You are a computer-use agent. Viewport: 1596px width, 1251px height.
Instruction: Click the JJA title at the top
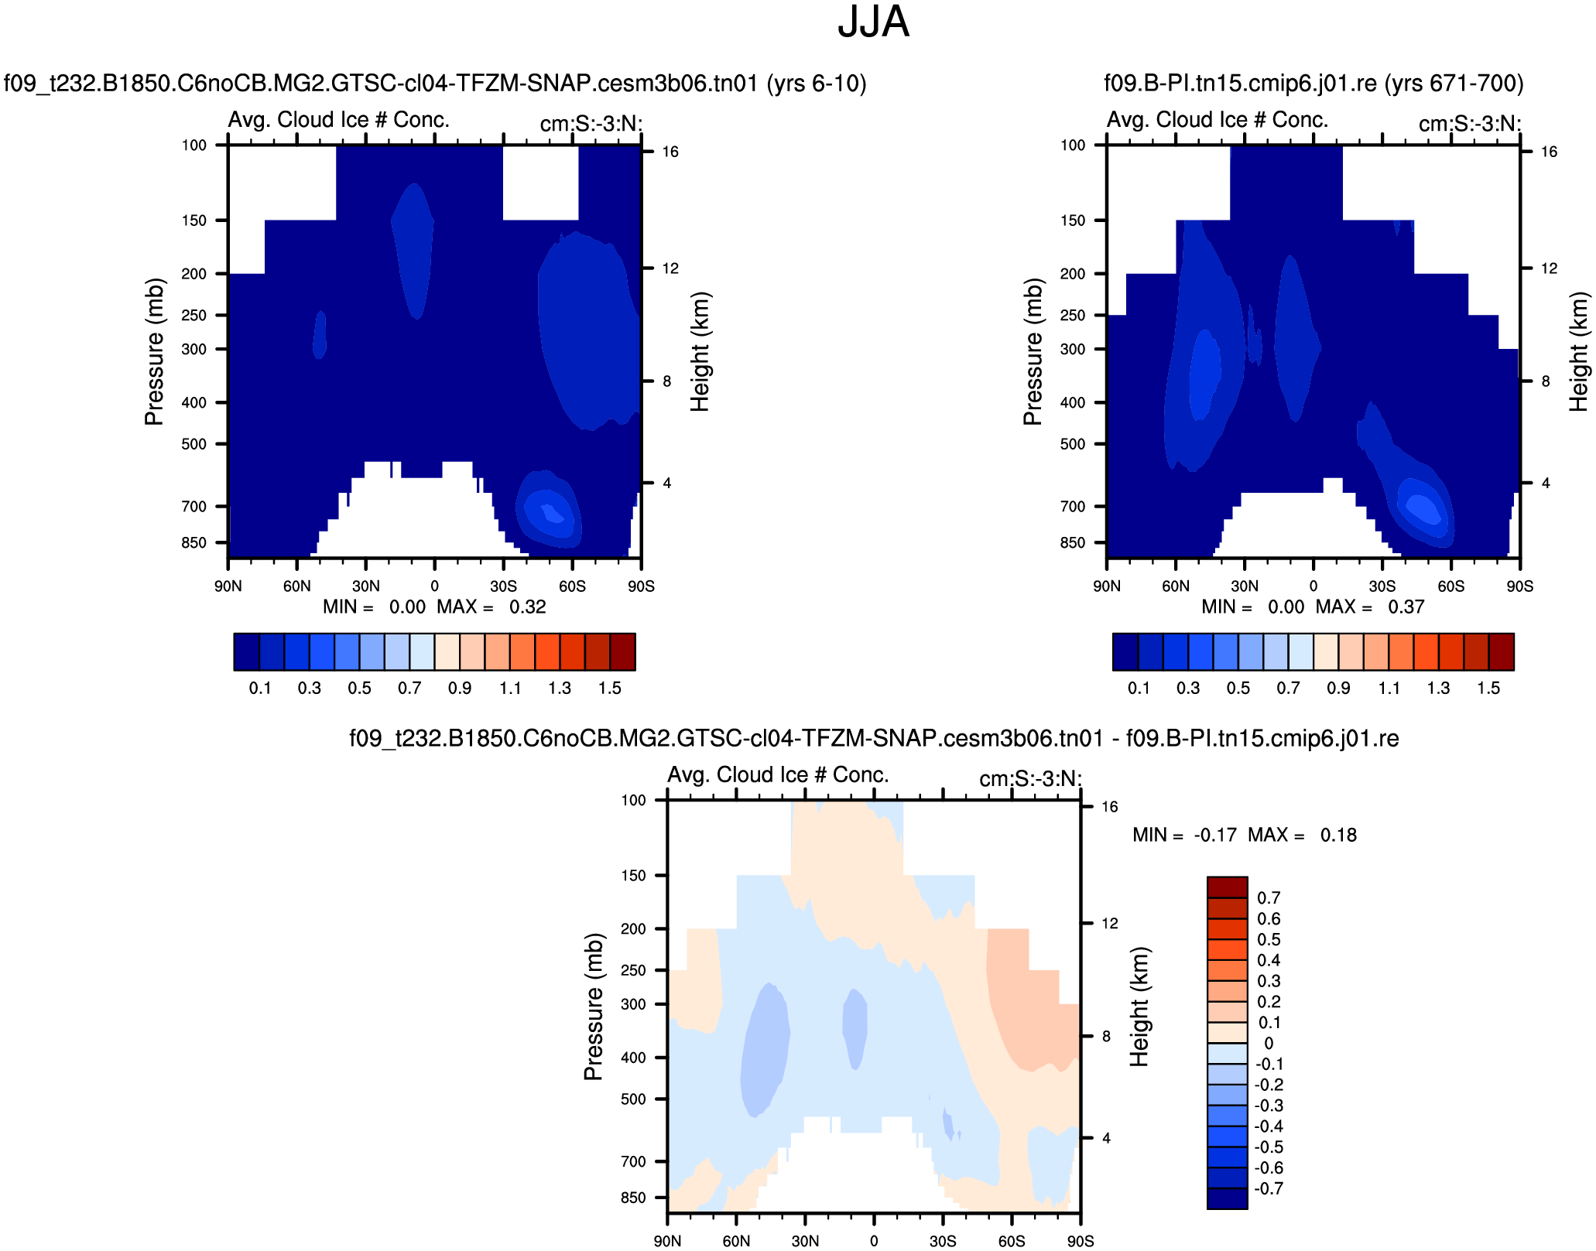pyautogui.click(x=872, y=22)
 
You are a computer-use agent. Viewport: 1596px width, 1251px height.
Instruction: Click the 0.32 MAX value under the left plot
pyautogui.click(x=528, y=607)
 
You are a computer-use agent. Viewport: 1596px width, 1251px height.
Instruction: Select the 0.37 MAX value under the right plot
pyautogui.click(x=1406, y=607)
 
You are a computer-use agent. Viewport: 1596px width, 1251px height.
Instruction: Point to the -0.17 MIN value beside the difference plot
pyautogui.click(x=1215, y=836)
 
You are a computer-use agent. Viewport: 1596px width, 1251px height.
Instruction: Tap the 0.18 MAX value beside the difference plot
pyautogui.click(x=1338, y=836)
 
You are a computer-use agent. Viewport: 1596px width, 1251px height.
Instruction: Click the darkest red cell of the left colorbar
pyautogui.click(x=623, y=651)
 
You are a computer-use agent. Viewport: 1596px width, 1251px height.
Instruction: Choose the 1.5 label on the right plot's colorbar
pyautogui.click(x=1488, y=689)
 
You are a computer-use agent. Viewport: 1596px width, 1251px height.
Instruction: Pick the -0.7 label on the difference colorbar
pyautogui.click(x=1269, y=1189)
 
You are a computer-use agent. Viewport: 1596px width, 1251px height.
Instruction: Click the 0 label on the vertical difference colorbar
pyautogui.click(x=1269, y=1044)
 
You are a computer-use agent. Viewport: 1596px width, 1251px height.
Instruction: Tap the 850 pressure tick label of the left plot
pyautogui.click(x=194, y=543)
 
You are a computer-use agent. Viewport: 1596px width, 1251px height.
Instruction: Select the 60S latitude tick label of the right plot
pyautogui.click(x=1451, y=586)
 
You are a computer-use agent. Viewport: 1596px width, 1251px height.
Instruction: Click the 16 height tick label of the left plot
pyautogui.click(x=670, y=152)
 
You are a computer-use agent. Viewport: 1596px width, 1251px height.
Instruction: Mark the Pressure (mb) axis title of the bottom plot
pyautogui.click(x=594, y=1007)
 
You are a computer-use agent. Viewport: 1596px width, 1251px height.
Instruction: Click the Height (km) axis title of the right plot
pyautogui.click(x=1578, y=351)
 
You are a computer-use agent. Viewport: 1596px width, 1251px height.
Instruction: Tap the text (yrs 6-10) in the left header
pyautogui.click(x=817, y=84)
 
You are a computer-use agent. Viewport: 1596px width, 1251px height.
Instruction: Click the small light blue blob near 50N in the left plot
pyautogui.click(x=320, y=335)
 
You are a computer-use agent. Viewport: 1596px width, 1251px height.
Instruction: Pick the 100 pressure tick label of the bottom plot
pyautogui.click(x=633, y=801)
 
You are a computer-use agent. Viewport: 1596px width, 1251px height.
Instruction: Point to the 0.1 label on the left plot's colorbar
pyautogui.click(x=260, y=689)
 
